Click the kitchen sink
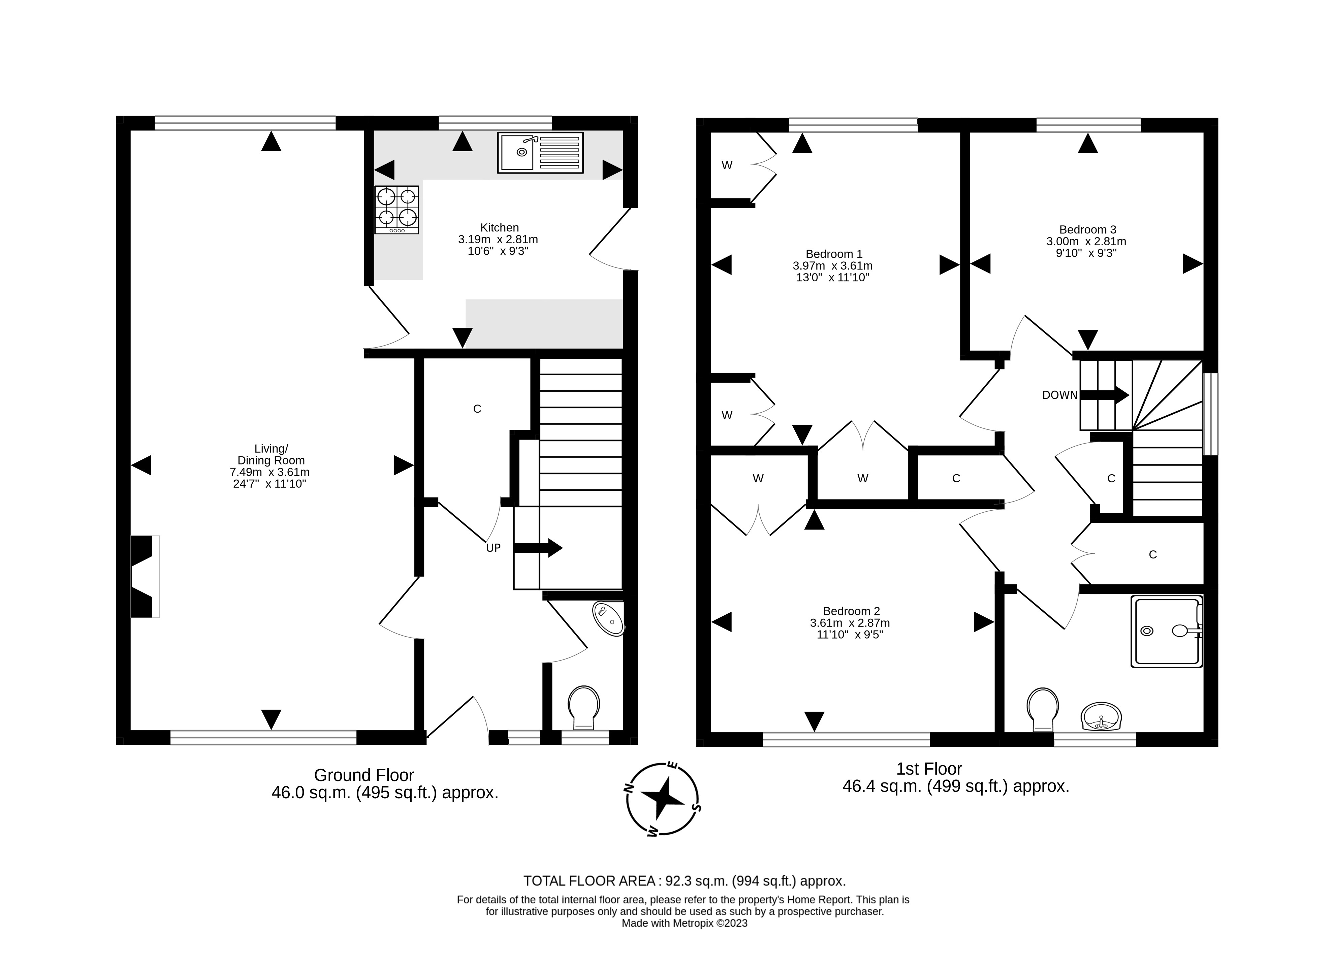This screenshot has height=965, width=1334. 540,153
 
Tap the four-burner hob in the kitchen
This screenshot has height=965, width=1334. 396,210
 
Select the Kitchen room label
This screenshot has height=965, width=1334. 499,228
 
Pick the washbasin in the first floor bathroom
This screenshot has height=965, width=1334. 1101,717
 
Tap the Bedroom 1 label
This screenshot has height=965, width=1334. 833,254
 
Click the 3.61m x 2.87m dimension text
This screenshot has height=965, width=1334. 849,623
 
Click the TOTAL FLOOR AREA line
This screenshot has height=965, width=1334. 684,897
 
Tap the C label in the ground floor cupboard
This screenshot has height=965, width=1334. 477,409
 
